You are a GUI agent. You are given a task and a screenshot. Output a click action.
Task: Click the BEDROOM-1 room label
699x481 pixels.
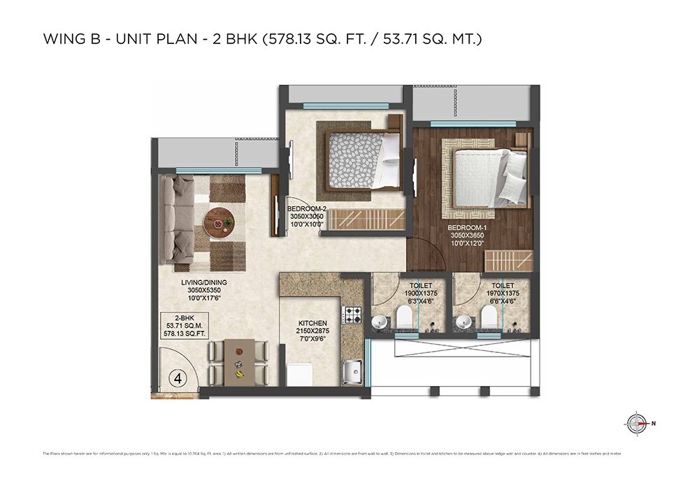468,227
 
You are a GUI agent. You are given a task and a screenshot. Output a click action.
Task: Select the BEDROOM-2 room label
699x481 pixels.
307,209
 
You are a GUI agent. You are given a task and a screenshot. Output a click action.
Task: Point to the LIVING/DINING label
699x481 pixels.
204,282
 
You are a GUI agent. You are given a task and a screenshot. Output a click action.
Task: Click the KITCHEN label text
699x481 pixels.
312,323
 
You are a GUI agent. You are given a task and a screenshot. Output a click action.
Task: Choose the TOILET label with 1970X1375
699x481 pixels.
503,286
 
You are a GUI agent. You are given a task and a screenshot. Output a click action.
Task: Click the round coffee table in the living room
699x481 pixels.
219,223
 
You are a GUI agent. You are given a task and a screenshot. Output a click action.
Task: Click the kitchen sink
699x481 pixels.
352,368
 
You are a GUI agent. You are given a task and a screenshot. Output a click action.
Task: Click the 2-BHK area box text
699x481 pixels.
178,325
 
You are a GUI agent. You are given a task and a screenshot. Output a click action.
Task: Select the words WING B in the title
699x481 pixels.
66,39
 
